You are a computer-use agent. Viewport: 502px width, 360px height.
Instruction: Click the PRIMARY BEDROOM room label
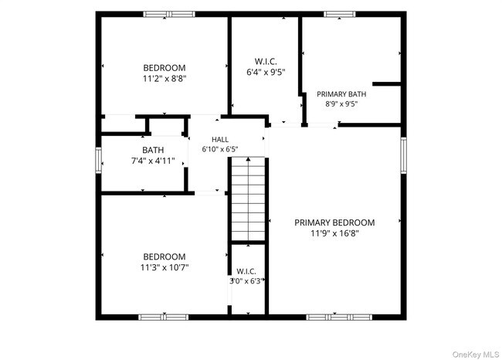[334, 222]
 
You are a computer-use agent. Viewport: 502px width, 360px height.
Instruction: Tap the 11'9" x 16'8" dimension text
[334, 233]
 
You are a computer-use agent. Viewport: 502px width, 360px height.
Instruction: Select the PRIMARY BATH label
[341, 94]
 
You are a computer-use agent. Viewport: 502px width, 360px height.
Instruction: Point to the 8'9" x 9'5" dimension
[341, 104]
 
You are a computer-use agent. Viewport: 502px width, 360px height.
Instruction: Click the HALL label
[220, 139]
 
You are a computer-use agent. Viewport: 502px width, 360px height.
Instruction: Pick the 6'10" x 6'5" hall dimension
[220, 149]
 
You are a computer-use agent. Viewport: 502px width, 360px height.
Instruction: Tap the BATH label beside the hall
[153, 150]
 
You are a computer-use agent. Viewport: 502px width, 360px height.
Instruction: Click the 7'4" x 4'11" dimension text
[153, 161]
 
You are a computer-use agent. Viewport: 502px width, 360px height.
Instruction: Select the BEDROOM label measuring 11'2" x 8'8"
[165, 68]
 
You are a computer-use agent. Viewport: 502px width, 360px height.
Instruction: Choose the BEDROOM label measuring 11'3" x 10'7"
[165, 256]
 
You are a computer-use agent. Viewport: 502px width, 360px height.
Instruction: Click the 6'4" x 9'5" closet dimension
[266, 72]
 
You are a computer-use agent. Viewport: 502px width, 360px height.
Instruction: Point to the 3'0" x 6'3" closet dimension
[246, 281]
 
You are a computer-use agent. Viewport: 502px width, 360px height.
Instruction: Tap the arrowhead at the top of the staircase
[248, 159]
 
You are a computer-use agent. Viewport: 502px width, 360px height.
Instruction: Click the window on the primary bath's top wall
[339, 14]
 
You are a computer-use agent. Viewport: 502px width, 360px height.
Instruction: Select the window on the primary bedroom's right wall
[404, 155]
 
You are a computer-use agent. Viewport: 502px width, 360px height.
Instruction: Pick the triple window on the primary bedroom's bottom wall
[339, 317]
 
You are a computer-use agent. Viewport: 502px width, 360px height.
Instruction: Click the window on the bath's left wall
[98, 160]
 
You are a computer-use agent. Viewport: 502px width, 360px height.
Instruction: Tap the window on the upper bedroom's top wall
[169, 14]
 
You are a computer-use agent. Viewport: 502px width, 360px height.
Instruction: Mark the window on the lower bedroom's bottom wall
[163, 317]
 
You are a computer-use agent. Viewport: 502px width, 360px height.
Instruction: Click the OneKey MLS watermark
[476, 355]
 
